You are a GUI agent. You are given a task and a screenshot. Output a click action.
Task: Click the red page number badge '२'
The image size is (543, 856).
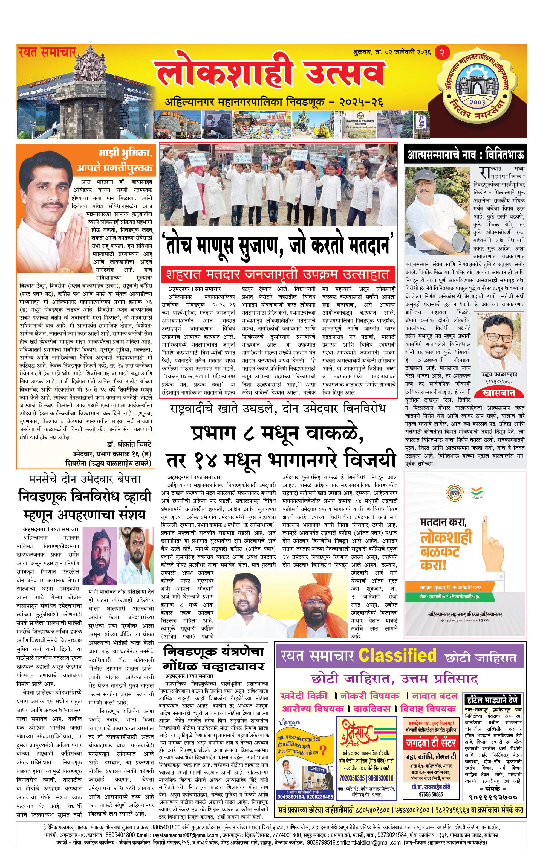click(442, 53)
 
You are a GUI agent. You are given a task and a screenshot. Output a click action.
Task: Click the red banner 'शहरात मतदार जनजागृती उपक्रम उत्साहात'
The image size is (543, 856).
click(278, 274)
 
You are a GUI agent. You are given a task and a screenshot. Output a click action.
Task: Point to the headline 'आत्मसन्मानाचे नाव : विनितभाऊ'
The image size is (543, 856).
click(465, 155)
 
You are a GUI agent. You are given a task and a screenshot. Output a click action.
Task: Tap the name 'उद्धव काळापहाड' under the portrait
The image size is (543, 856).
click(499, 374)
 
